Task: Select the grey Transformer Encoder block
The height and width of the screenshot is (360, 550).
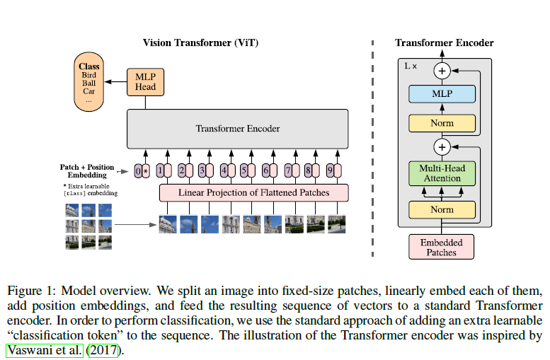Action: [237, 129]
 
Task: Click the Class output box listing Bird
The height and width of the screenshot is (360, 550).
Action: [89, 83]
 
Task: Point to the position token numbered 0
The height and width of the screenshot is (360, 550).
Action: [139, 170]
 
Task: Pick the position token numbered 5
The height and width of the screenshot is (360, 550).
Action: [245, 170]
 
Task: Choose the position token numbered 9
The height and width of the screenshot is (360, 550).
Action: [330, 170]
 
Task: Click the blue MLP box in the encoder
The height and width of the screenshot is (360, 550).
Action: [442, 93]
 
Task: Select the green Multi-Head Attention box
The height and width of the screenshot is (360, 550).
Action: [442, 173]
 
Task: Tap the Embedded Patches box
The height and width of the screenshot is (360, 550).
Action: [442, 246]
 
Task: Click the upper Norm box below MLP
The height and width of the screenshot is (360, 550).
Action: [442, 123]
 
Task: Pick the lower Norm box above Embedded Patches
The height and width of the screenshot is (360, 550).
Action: [442, 210]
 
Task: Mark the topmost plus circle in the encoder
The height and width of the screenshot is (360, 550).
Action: [442, 70]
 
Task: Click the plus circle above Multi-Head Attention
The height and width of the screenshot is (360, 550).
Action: [442, 147]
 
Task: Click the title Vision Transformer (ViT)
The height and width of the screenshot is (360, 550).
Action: [200, 43]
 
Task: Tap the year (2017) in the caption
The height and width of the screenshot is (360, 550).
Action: [103, 349]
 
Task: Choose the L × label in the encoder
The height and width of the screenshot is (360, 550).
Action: [411, 66]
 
